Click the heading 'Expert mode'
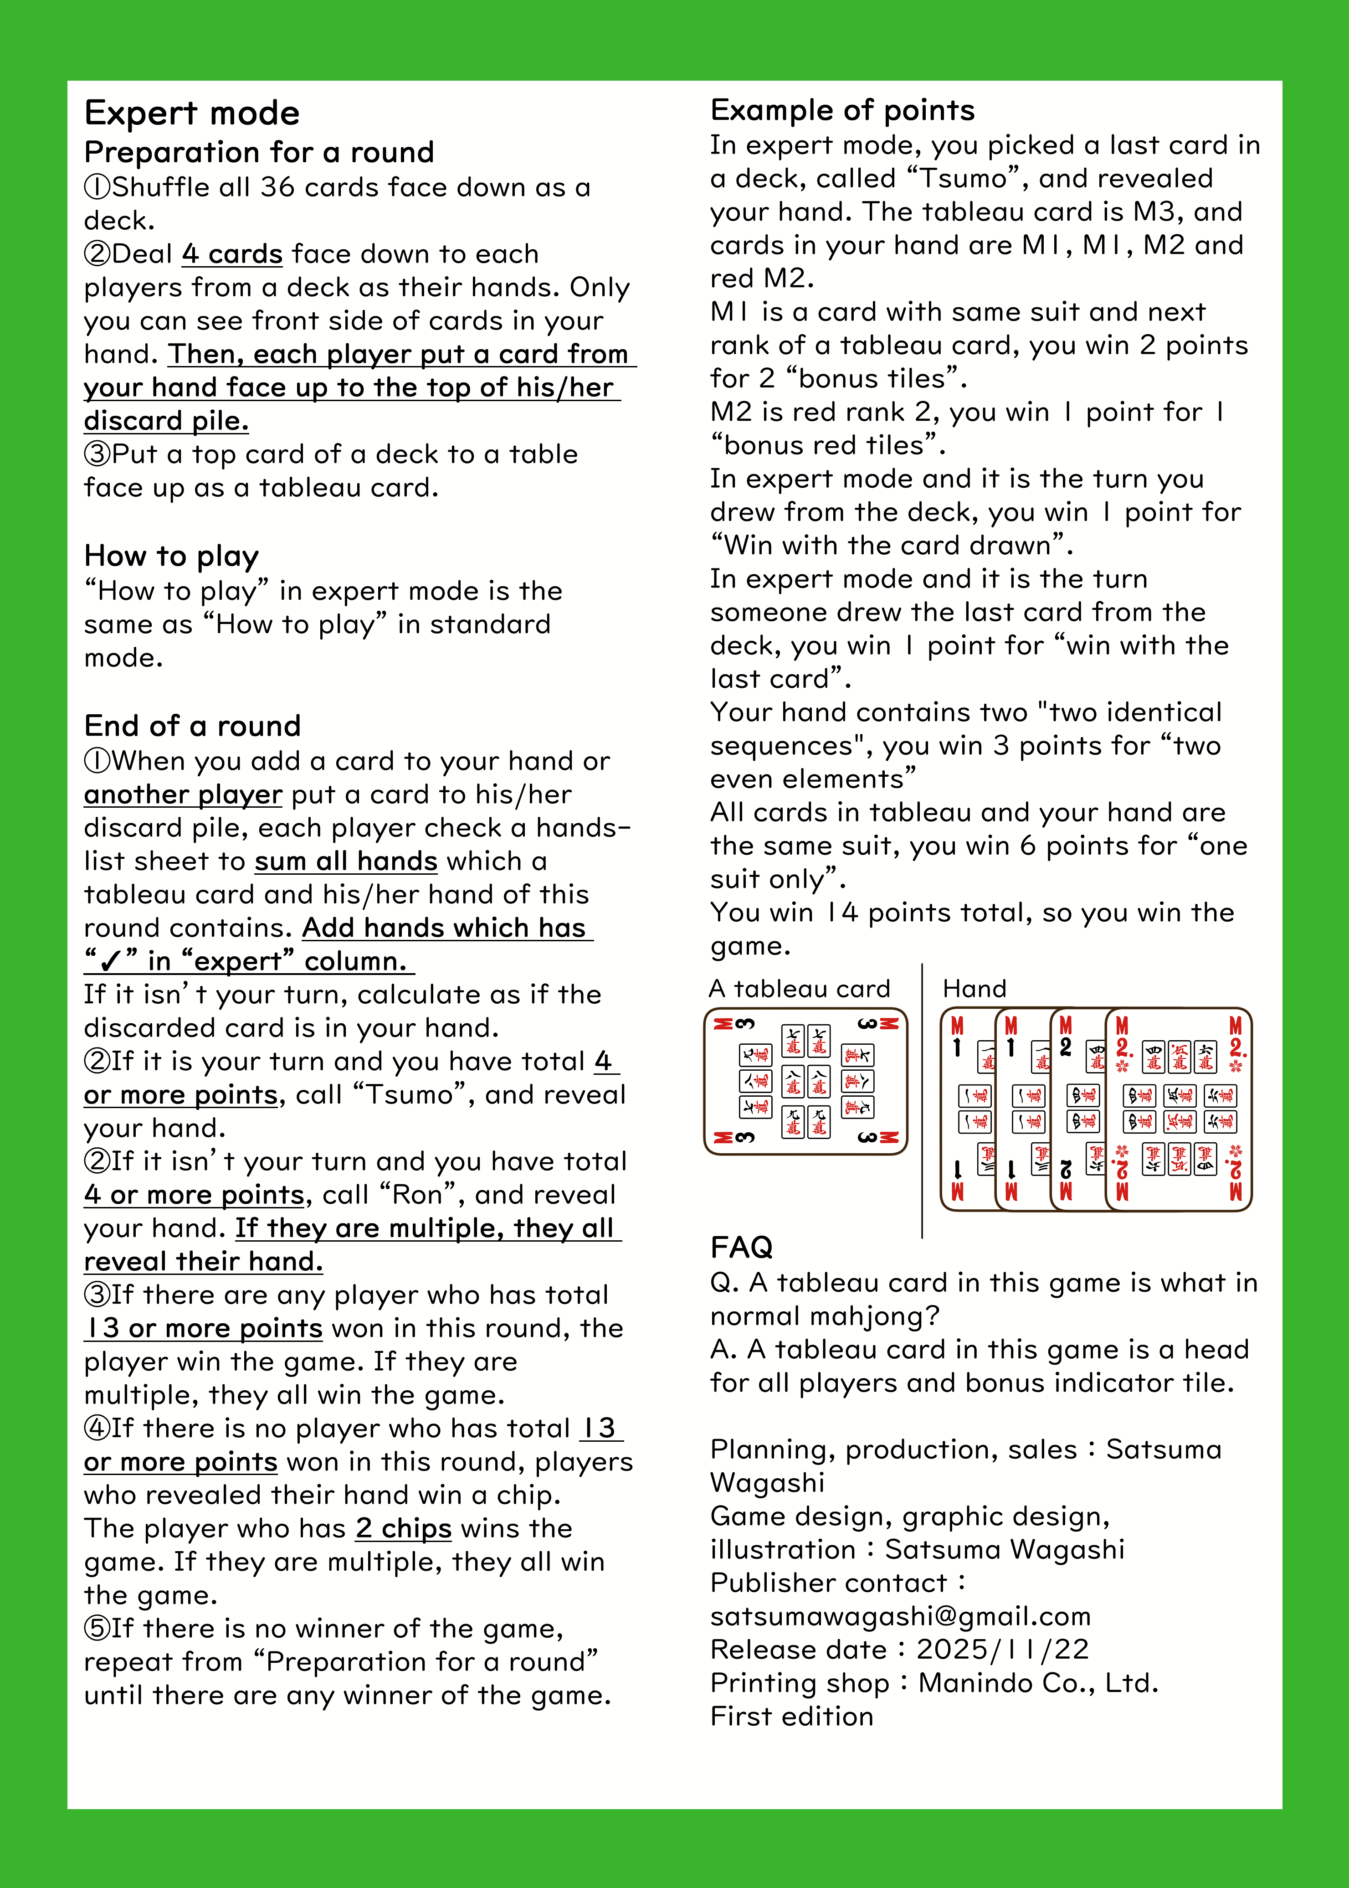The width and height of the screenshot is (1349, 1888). (x=192, y=113)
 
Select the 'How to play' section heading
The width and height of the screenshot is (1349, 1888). (x=172, y=556)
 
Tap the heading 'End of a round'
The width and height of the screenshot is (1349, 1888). (x=193, y=726)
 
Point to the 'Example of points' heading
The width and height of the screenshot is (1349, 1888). (x=842, y=110)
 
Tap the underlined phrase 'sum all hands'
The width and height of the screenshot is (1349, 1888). (x=345, y=862)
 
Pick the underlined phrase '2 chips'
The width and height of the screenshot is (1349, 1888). (x=404, y=1529)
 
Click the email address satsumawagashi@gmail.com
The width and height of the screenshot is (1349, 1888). (x=900, y=1616)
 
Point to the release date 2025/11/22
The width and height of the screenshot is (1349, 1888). (x=1002, y=1650)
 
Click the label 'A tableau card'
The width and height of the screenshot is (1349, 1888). (x=799, y=989)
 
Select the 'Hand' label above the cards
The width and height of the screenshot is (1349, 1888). (x=975, y=989)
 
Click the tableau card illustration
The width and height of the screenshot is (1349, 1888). (x=805, y=1081)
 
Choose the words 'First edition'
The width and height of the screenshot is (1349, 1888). (x=792, y=1717)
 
